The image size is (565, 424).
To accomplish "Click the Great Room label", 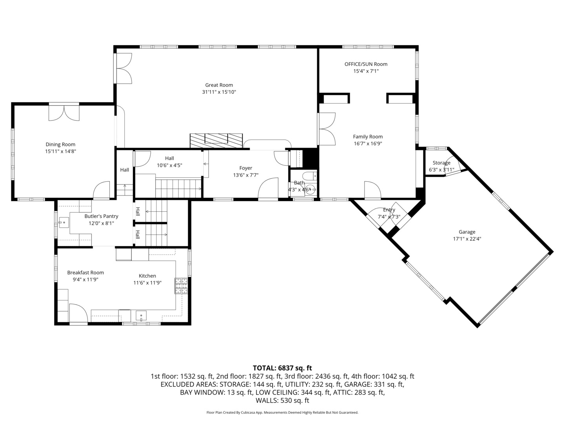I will [x=219, y=85].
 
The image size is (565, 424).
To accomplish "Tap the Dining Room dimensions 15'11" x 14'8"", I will [x=60, y=151].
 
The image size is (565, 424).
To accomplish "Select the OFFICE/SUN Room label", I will [x=366, y=64].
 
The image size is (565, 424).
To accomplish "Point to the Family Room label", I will [x=368, y=137].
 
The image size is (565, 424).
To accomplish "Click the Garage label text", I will [x=467, y=232].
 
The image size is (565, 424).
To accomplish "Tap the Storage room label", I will [x=441, y=163].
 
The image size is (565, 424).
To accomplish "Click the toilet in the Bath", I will [x=310, y=176].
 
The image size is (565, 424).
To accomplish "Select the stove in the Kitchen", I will [x=181, y=285].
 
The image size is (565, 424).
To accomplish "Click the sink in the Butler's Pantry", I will [x=63, y=223].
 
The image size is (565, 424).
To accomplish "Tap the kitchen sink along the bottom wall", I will [x=141, y=315].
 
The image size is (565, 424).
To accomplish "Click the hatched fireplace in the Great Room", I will [x=216, y=140].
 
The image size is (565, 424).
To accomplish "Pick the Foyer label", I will [x=246, y=168].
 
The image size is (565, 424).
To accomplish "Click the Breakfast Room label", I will [x=86, y=272].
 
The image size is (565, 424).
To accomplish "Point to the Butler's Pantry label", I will [x=101, y=216].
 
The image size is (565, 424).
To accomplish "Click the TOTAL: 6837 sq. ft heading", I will [x=282, y=368].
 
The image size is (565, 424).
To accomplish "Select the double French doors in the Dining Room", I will [x=64, y=112].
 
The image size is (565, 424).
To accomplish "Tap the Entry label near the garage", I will [x=389, y=210].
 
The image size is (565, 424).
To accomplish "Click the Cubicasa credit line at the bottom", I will [x=282, y=413].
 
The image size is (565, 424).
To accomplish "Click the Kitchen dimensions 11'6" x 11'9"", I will [x=148, y=283].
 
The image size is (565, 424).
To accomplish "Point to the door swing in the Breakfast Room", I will [x=78, y=313].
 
